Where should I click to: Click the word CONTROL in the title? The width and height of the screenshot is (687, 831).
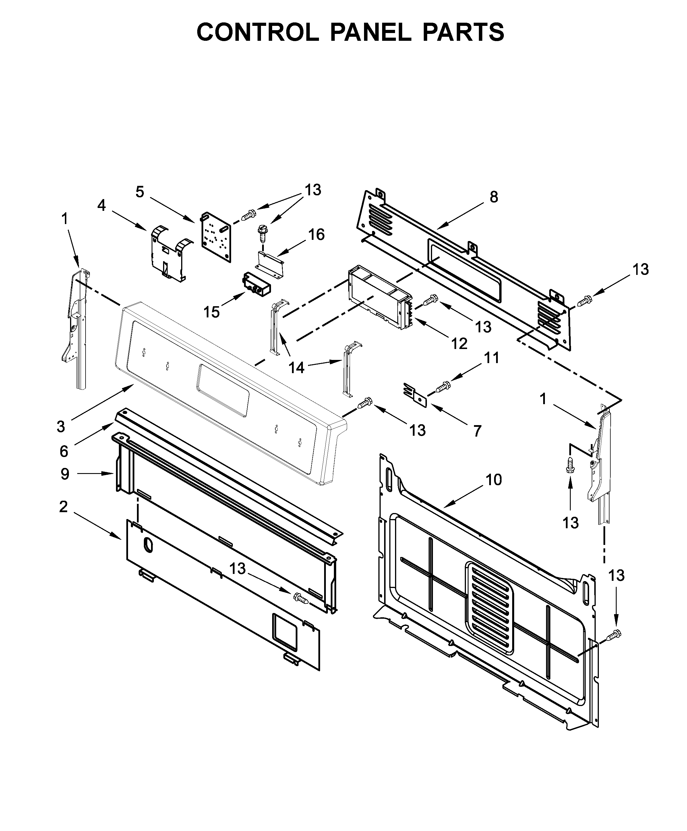coord(258,32)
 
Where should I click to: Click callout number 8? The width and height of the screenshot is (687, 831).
coord(494,197)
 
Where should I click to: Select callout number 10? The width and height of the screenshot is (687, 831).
coord(493,480)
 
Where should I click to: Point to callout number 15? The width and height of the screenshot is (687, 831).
coord(211,312)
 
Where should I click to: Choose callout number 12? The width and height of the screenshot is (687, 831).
coord(459,344)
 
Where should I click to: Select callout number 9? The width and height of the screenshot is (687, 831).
coord(65,473)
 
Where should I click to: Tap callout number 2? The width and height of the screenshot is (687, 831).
coord(63,506)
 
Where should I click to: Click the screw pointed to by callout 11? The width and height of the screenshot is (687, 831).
coord(443,387)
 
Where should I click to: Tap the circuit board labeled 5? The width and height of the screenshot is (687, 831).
coord(216,236)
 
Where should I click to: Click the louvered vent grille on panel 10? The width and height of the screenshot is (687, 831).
coord(490,608)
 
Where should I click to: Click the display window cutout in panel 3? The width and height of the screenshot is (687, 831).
coord(223,390)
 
